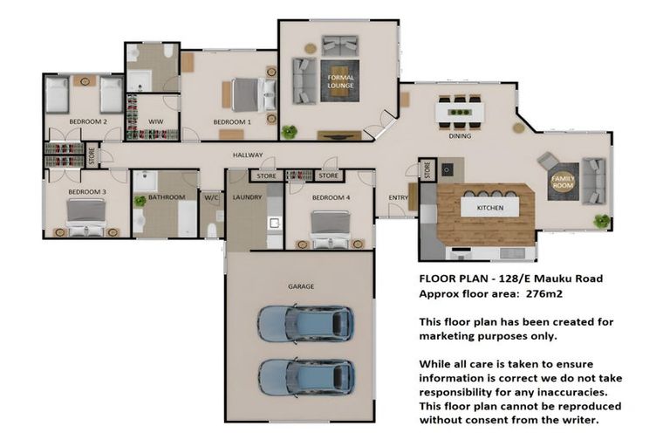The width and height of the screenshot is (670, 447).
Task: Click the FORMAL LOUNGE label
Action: pyautogui.click(x=340, y=82)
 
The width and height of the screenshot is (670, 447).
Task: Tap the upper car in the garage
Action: pyautogui.click(x=304, y=324)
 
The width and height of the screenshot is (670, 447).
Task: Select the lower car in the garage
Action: pyautogui.click(x=304, y=377)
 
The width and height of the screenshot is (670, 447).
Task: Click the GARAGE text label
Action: pyautogui.click(x=301, y=285)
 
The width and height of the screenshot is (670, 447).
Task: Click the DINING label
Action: pyautogui.click(x=460, y=136)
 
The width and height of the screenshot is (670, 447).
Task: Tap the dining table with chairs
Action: pyautogui.click(x=460, y=112)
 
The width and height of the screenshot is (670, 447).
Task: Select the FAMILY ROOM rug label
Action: pyautogui.click(x=562, y=182)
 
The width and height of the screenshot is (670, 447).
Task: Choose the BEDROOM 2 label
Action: pyautogui.click(x=87, y=122)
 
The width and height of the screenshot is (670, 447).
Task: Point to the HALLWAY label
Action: pyautogui.click(x=248, y=155)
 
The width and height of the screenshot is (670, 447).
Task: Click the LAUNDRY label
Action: pyautogui.click(x=247, y=197)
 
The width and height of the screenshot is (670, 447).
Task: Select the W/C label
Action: pyautogui.click(x=212, y=197)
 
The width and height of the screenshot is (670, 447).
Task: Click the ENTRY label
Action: pyautogui.click(x=398, y=197)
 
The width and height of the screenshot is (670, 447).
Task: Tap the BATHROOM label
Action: pyautogui.click(x=166, y=197)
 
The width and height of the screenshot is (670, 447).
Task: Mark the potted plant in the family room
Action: pyautogui.click(x=600, y=220)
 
